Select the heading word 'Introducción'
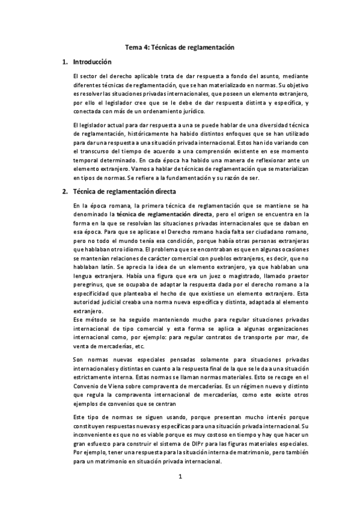pos(92,62)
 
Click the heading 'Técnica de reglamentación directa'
pos(124,192)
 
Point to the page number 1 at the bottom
pos(179,477)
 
